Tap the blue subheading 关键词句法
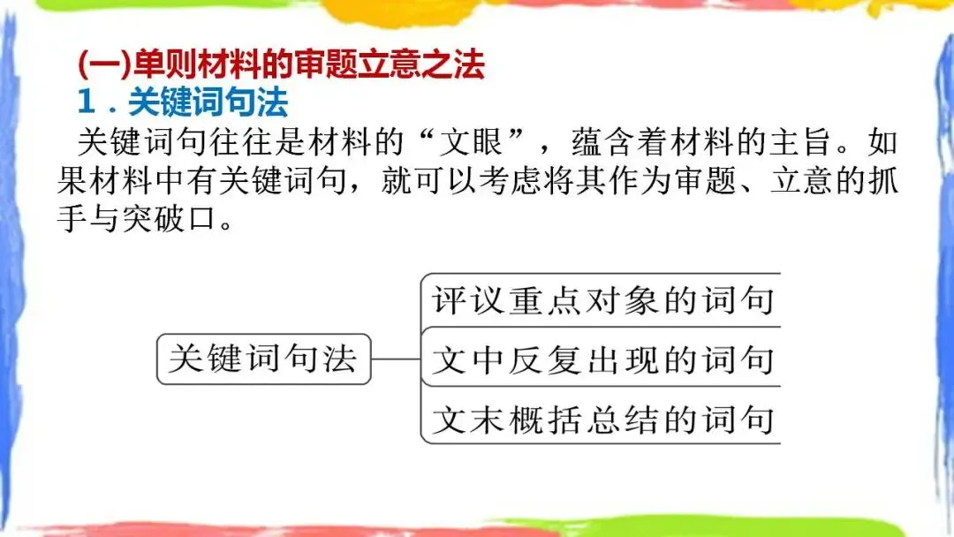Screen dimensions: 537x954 point(208,104)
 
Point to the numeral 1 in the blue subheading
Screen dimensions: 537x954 point(86,104)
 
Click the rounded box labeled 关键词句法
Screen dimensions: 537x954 point(263,359)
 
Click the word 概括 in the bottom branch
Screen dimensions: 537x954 point(545,419)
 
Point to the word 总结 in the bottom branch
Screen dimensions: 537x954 point(621,419)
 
